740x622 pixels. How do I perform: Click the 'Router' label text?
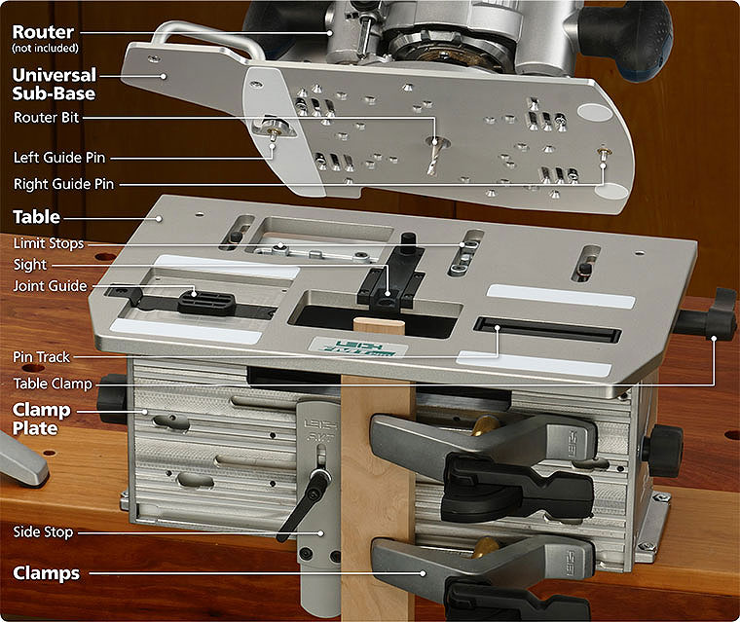43,32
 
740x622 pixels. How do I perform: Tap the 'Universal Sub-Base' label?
55,84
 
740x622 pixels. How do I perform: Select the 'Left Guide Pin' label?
59,157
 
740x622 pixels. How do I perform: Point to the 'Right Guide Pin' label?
63,184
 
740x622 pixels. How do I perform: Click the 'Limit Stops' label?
49,243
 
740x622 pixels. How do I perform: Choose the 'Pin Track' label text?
42,357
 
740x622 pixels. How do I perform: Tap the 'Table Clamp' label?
53,384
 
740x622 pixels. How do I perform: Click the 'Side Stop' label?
43,531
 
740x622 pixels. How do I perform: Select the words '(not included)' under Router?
46,48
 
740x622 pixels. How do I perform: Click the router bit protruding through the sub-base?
431,157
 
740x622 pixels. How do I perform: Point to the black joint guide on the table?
206,302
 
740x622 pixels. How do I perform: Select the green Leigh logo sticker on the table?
358,348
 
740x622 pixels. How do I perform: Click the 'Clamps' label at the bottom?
47,573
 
